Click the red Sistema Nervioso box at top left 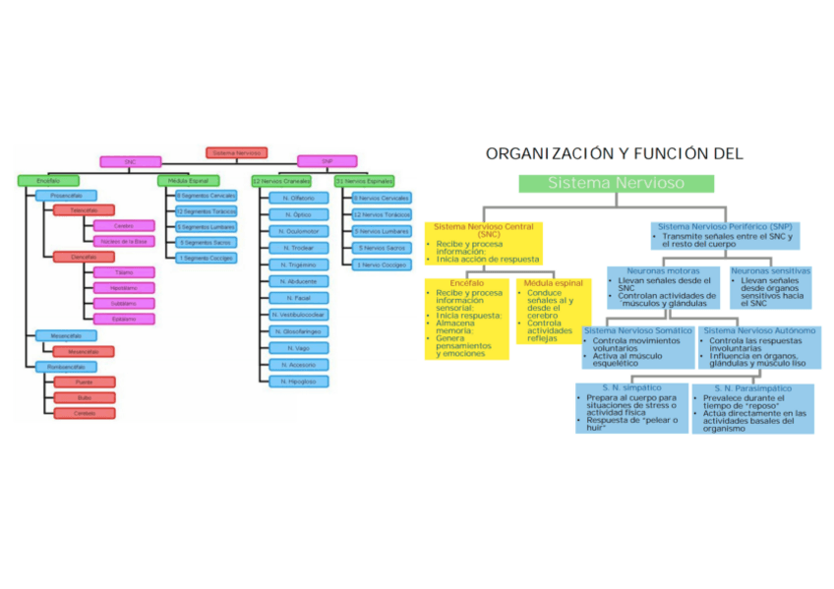coord(236,152)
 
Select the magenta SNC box coord(129,161)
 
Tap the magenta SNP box coord(326,161)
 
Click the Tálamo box coord(124,272)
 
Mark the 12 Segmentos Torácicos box coord(207,211)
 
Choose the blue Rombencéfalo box coord(58,366)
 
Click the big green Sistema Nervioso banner coord(616,183)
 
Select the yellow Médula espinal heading coord(554,283)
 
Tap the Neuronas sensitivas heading coord(770,270)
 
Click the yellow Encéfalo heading coord(466,283)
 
